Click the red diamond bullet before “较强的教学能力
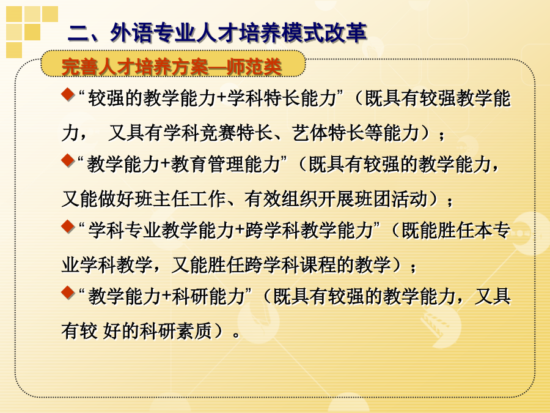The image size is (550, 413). point(68,94)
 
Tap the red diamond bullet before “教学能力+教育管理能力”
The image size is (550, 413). point(68,160)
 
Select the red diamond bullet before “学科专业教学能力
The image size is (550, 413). point(68,226)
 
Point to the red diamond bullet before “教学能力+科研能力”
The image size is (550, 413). point(68,292)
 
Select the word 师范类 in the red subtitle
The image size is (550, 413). point(254,66)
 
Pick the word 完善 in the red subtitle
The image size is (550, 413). point(80,66)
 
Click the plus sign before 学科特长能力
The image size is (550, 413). point(221,99)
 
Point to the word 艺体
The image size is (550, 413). point(310,133)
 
